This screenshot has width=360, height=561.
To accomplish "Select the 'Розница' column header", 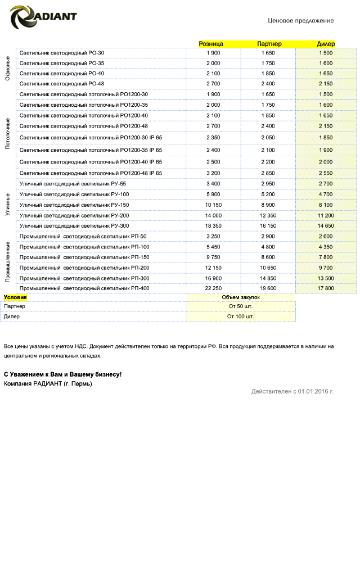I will coord(211,44).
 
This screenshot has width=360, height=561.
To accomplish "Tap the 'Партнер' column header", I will coord(269,44).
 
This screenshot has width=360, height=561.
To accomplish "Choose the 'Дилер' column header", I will coord(326,44).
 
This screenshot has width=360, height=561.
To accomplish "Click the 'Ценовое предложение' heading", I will coord(300,21).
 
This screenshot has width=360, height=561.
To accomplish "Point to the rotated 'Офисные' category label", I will coord(8,69).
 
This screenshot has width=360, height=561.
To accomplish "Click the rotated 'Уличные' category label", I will coord(8,204).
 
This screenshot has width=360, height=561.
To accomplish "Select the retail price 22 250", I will coord(213,288).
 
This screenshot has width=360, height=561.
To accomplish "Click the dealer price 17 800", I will coord(326,288).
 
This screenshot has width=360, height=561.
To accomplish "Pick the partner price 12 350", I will coord(268,215).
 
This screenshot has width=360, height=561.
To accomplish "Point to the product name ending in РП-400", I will coord(84,288).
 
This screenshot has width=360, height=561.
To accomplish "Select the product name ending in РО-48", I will coord(62,84).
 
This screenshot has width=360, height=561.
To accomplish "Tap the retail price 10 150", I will coord(213,205).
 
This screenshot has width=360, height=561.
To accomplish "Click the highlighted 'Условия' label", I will coord(15,297).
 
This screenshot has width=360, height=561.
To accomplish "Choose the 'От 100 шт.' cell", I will coord(241,316).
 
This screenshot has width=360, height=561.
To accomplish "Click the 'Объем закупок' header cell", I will coord(241,297).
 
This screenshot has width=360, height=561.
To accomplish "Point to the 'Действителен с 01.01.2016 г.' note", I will coord(292,391).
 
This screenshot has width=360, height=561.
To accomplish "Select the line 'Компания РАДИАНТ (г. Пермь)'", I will coord(48,384).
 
